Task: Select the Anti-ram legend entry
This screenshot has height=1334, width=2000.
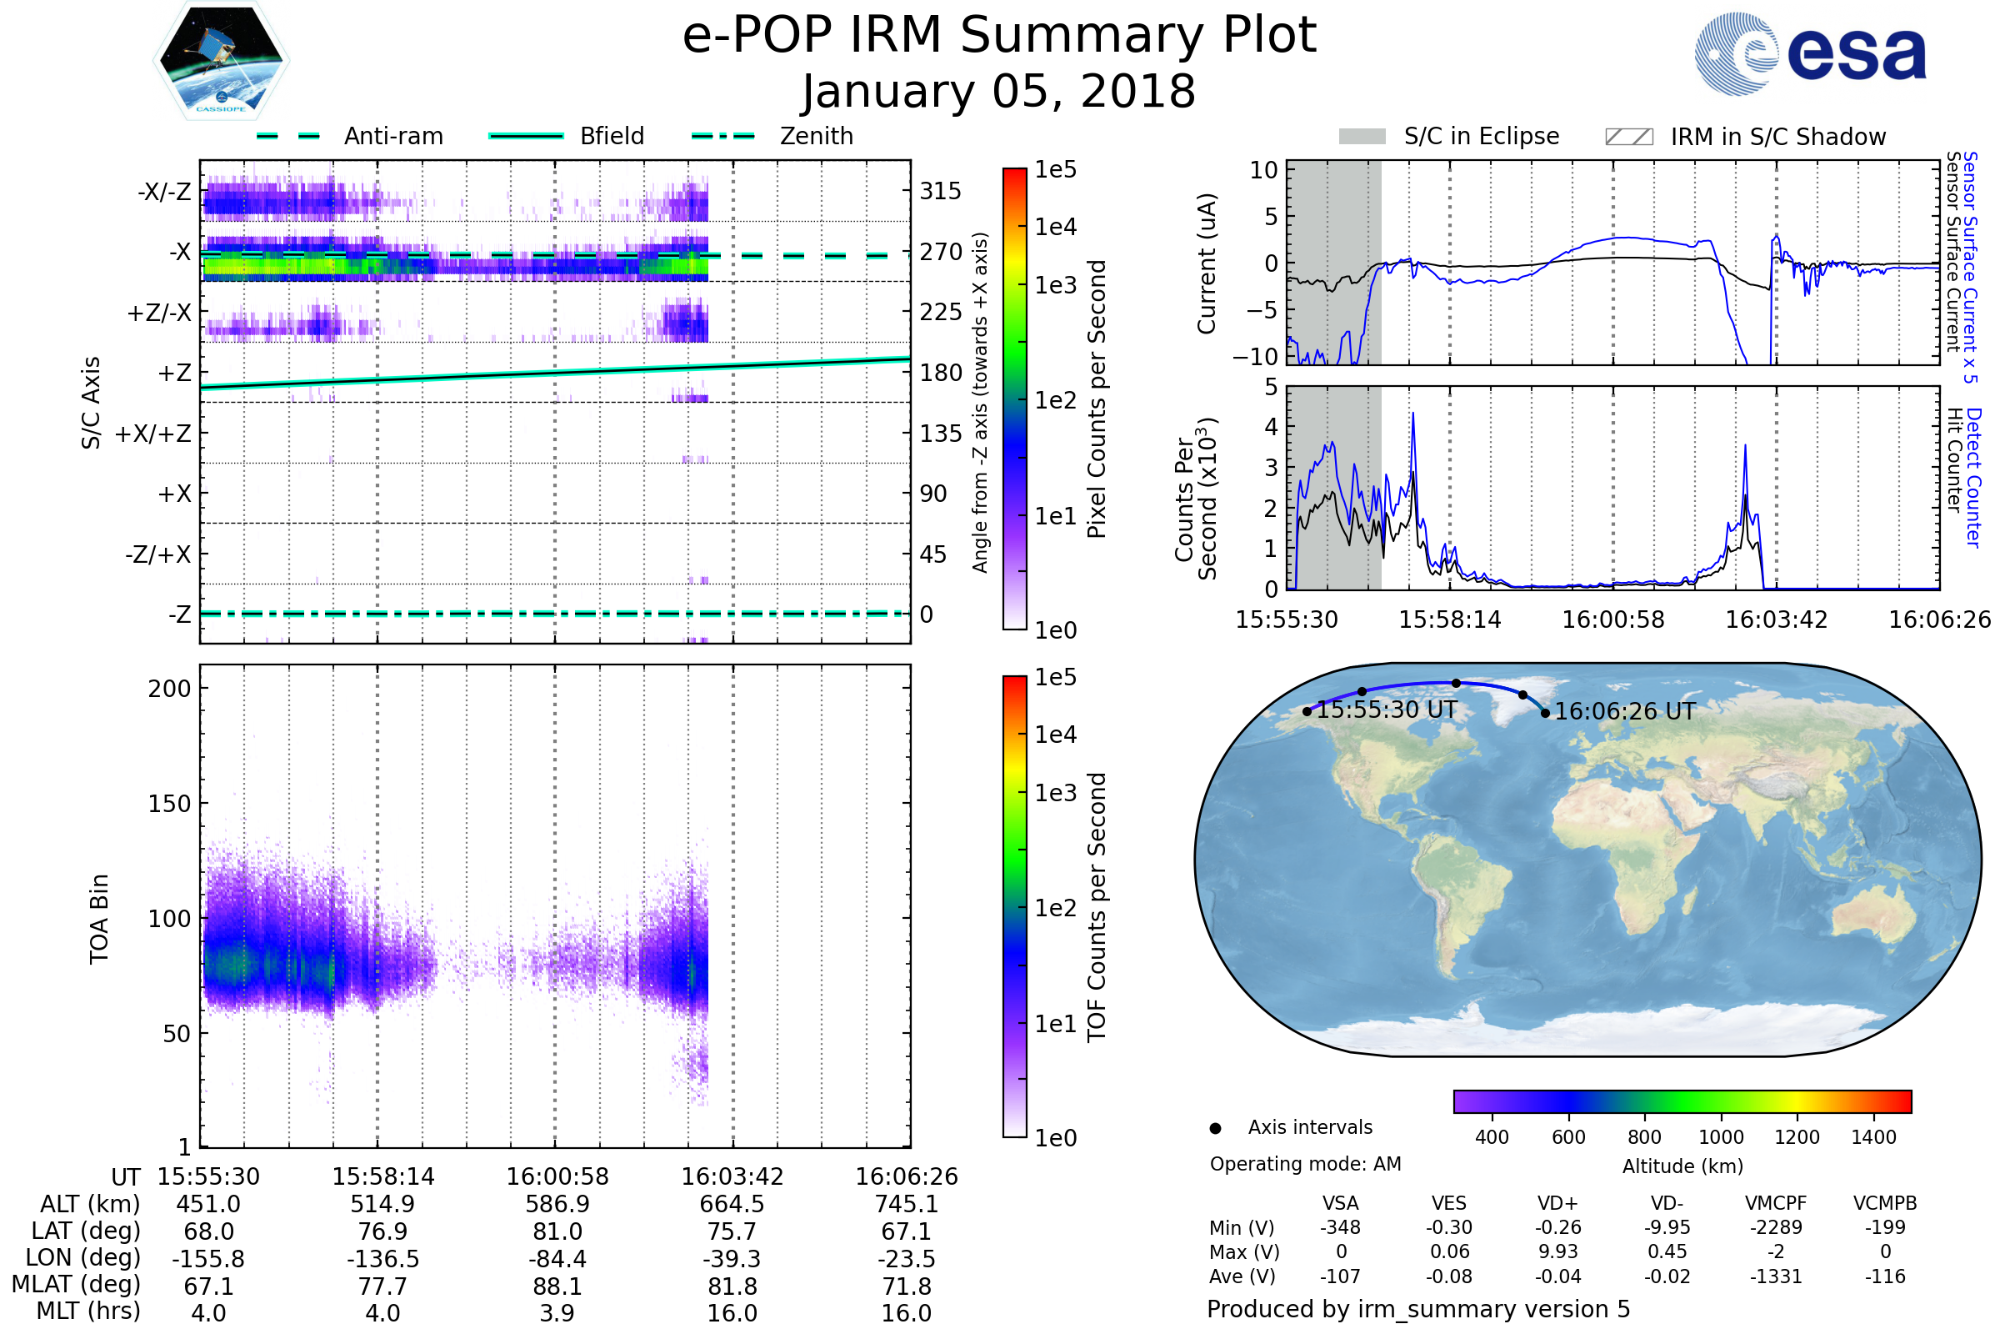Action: tap(392, 136)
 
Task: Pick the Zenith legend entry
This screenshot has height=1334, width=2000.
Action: tap(816, 136)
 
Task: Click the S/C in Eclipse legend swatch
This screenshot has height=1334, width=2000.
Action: tap(1362, 137)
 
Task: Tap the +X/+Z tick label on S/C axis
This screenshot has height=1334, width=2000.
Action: tap(153, 434)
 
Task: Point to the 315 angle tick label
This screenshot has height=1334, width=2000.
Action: tap(941, 191)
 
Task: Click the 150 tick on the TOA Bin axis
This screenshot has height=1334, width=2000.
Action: tap(169, 804)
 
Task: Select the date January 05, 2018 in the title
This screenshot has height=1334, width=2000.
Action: tap(999, 92)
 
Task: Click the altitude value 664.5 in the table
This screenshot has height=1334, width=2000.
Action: tap(732, 1204)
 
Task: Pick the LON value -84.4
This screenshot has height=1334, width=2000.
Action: tap(557, 1258)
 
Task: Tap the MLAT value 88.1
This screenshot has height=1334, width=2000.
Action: tap(557, 1286)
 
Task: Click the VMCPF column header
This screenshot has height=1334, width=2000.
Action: tap(1776, 1203)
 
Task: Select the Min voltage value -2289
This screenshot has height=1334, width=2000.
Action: tap(1776, 1227)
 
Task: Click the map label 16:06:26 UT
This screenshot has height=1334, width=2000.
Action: tap(1624, 711)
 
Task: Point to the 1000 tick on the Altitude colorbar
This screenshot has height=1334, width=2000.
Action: tap(1720, 1137)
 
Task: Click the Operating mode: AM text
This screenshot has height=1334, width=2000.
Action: tap(1305, 1164)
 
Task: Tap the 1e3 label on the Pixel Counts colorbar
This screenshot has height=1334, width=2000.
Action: tap(1055, 285)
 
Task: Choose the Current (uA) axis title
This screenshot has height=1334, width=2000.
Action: tap(1207, 263)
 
